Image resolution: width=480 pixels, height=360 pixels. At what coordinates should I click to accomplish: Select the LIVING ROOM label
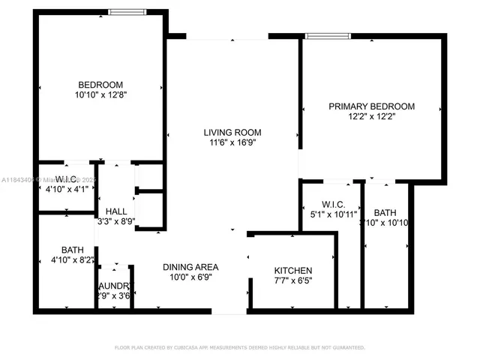pos(232,133)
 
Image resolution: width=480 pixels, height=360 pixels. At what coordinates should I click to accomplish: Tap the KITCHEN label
pos(292,271)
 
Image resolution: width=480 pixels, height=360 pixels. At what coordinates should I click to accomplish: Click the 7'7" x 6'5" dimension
pos(292,281)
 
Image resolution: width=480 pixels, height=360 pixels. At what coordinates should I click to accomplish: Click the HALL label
pos(116,211)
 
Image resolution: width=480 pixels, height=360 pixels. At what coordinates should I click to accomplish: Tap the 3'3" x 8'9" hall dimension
pos(116,222)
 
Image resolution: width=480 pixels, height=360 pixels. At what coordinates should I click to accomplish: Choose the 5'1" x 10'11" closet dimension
pos(332,214)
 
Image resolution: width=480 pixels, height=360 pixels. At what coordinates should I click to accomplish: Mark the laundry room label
pos(115,286)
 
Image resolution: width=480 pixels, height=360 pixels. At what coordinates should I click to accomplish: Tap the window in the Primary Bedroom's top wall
pos(322,34)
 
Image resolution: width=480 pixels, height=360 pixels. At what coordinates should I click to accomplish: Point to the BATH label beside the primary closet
pos(385,212)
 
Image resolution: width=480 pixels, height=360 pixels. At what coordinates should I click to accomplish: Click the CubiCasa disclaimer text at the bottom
pos(239,347)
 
